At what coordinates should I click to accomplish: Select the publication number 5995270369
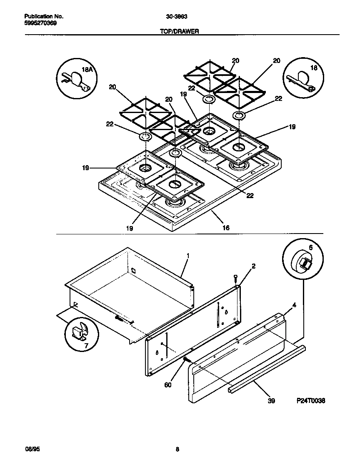pos(39,23)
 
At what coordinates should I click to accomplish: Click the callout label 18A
pos(87,70)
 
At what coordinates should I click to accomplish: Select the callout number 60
pos(168,385)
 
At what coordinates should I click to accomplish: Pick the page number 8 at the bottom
pos(177,449)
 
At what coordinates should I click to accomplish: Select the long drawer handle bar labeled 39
pos(267,367)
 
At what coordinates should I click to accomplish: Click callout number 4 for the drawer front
pos(294,305)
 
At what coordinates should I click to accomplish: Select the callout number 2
pos(254,266)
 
